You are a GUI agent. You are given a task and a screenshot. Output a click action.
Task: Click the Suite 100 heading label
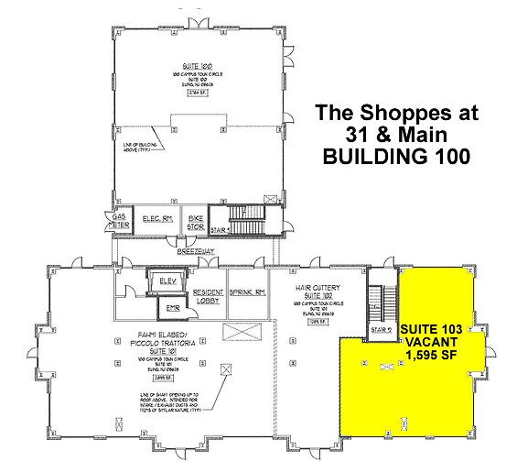coord(196,67)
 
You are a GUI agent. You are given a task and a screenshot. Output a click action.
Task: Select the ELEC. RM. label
coord(157,218)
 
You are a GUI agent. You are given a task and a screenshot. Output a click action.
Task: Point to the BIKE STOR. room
coord(195,219)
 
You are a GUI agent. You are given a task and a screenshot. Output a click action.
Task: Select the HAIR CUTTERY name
coord(318,288)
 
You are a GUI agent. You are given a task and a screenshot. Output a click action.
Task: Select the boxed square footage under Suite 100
coord(196,93)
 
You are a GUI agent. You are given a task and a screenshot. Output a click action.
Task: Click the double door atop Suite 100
coord(195,19)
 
